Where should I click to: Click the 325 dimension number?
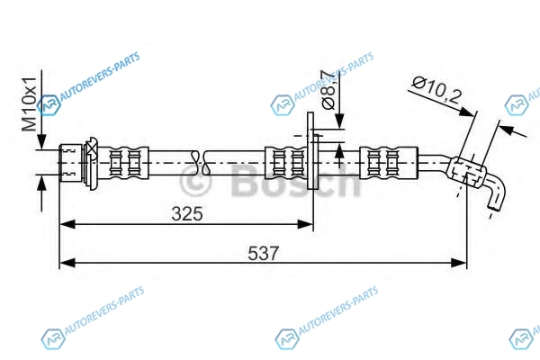[187, 214]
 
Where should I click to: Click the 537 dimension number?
[264, 254]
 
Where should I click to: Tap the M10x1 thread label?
[29, 104]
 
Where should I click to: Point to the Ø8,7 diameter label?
[328, 90]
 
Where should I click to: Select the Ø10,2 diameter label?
[436, 90]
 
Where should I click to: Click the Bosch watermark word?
[295, 182]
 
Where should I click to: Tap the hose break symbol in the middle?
[201, 162]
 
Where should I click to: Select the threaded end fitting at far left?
[70, 163]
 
